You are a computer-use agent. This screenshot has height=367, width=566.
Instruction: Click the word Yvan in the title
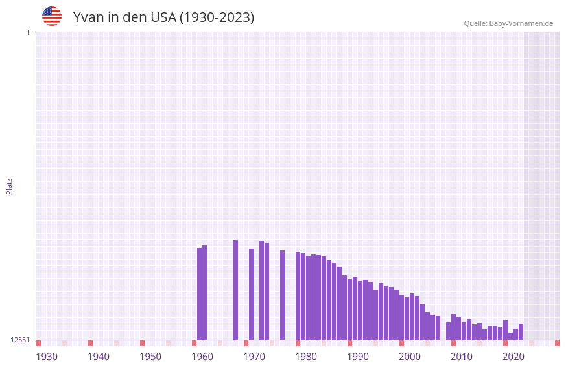point(88,17)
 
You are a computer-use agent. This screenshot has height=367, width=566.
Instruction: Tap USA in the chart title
point(163,17)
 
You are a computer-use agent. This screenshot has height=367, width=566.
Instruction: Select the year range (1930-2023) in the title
point(217,17)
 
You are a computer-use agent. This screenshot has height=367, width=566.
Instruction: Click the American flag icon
point(52,16)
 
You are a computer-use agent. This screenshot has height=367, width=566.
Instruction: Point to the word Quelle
point(475,24)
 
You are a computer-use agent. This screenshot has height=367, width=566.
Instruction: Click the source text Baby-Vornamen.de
point(521,24)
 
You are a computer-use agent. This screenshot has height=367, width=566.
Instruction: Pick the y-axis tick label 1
point(28,32)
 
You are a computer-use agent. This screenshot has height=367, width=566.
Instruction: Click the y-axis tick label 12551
point(20,340)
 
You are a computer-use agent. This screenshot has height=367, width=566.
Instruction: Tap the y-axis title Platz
point(9,186)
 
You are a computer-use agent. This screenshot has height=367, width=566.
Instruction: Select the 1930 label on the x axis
point(47,357)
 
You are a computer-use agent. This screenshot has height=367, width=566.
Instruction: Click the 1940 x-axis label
point(99,357)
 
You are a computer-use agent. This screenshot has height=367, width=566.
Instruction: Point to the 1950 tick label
point(150,357)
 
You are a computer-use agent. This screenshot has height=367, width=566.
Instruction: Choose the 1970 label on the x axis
point(254,357)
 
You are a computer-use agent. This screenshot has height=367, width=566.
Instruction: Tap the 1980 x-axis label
point(306,357)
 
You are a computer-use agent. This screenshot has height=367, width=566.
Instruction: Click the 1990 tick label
point(358,357)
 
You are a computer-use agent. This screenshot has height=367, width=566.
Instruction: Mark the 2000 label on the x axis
point(410,357)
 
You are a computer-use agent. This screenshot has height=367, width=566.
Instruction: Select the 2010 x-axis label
point(462,357)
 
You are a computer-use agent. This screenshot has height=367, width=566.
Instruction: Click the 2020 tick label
point(513,357)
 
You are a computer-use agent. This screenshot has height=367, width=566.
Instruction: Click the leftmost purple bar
point(200,294)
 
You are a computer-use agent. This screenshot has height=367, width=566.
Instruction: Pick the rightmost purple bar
point(521,332)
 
